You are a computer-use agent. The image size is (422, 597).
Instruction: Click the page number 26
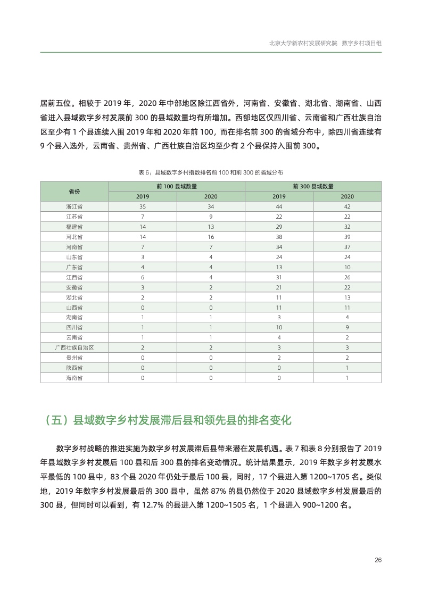click(378, 560)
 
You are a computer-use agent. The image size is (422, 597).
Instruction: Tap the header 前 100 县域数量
click(177, 186)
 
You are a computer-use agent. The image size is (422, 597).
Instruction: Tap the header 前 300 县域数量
click(313, 186)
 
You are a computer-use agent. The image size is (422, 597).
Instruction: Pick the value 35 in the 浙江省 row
click(143, 206)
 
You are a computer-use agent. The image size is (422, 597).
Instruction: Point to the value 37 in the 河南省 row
click(347, 247)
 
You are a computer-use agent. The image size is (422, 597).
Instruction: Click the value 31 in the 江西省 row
click(279, 277)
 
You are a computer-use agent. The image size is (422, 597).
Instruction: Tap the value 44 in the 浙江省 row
click(279, 206)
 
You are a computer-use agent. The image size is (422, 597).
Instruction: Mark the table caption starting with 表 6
click(211, 173)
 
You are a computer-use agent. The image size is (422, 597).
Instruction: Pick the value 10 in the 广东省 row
click(347, 267)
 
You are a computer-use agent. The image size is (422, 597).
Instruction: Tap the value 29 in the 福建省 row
click(279, 226)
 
